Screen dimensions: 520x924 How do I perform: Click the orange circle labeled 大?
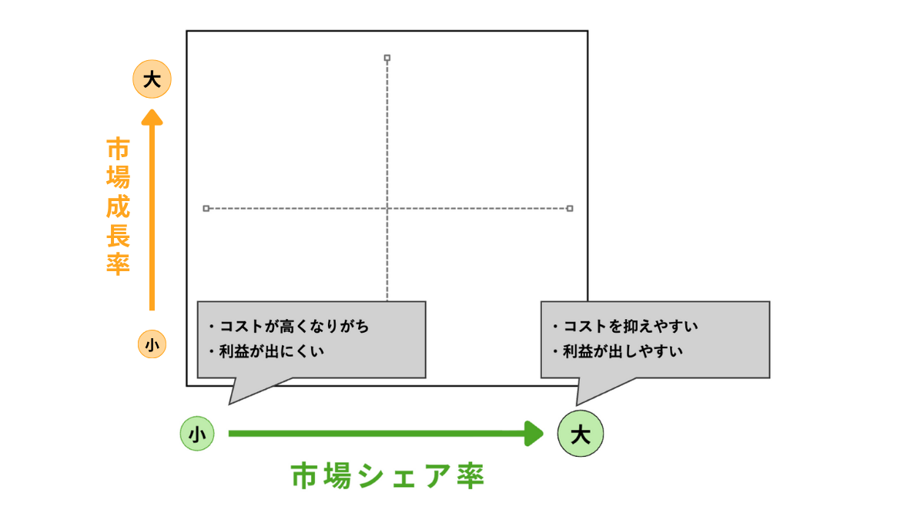[152, 79]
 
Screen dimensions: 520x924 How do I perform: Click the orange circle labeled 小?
[152, 344]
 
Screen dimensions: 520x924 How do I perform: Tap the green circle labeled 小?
[196, 434]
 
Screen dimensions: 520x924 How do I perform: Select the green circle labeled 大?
[581, 434]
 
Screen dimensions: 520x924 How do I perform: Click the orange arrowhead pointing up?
[152, 117]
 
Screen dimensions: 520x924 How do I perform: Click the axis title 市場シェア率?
[387, 476]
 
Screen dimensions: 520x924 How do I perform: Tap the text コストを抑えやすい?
[631, 327]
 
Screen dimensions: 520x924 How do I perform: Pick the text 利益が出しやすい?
[623, 352]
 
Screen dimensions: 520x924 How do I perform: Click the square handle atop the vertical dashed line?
[387, 57]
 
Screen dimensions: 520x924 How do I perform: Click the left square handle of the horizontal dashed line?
[206, 208]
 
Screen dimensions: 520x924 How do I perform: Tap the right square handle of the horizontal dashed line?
[570, 208]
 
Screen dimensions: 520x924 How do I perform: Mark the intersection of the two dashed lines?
[387, 208]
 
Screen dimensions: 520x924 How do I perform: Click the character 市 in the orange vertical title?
[118, 149]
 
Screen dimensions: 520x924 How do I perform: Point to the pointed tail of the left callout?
[231, 401]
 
